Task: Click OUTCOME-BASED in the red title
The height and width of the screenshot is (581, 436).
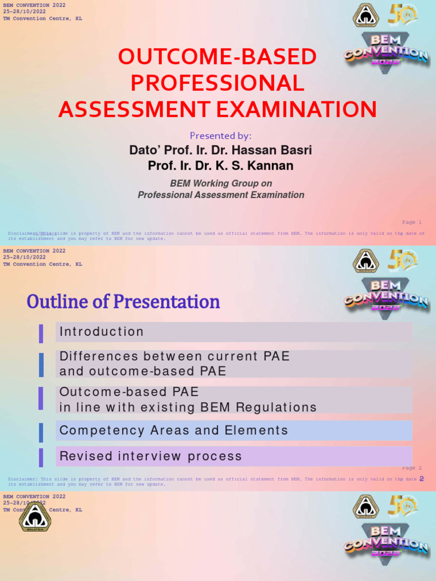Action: (217, 57)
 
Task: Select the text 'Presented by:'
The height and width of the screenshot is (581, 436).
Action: (220, 136)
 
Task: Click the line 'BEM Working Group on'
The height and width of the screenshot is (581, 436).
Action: (221, 183)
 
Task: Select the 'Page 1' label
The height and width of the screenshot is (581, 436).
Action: (412, 222)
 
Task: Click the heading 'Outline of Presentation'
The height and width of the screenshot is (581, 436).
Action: (123, 301)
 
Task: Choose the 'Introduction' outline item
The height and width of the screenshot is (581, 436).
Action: (102, 332)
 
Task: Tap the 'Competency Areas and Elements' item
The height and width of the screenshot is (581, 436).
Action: (174, 431)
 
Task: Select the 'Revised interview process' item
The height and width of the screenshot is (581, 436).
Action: (150, 456)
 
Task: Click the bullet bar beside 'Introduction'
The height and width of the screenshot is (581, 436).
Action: (41, 333)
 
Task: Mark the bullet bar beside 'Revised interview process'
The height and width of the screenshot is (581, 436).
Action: (41, 457)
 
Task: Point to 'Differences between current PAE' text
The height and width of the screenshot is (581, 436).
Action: (174, 356)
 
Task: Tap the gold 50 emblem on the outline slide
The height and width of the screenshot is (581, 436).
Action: (402, 260)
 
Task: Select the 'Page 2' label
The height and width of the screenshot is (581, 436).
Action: (412, 468)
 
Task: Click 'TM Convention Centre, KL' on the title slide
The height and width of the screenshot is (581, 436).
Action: (43, 19)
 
